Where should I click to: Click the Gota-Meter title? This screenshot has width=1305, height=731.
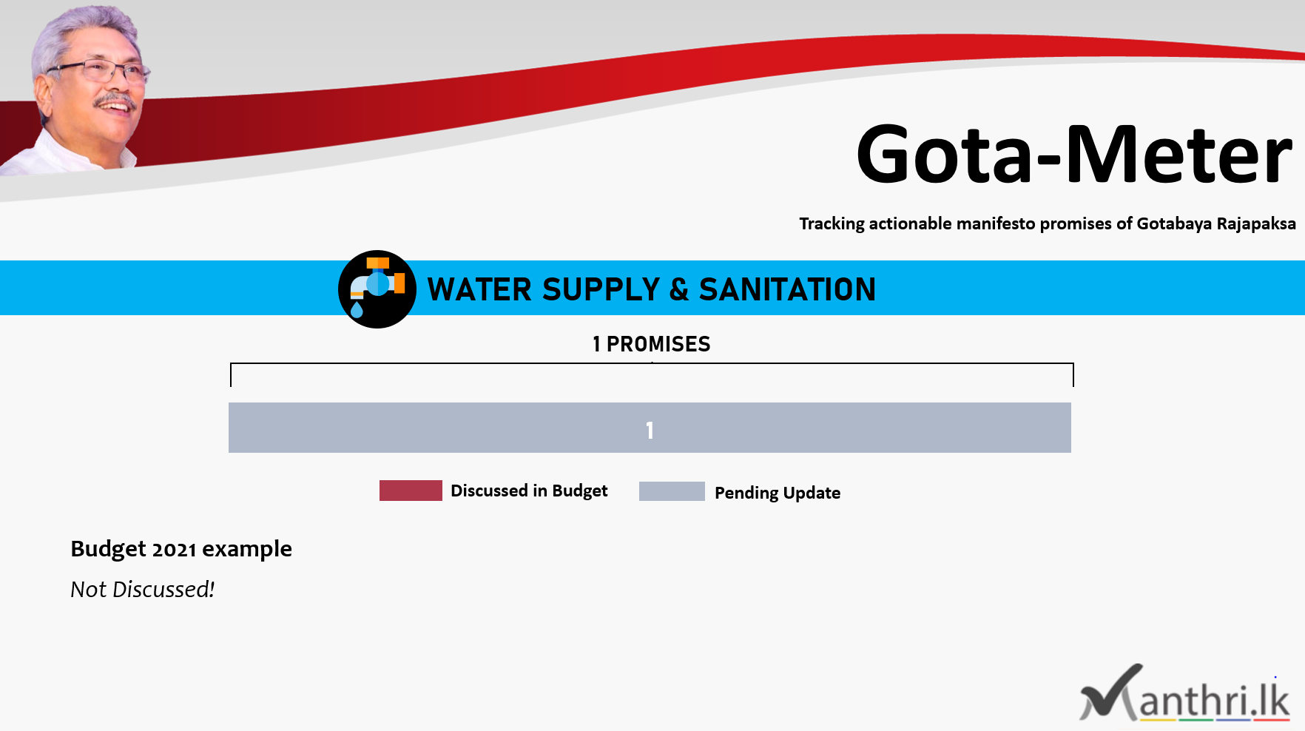pyautogui.click(x=1074, y=154)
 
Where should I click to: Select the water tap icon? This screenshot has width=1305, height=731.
pyautogui.click(x=377, y=289)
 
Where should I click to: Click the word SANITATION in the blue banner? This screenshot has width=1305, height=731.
pyautogui.click(x=787, y=289)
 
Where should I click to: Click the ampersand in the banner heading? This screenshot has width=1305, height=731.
pyautogui.click(x=679, y=290)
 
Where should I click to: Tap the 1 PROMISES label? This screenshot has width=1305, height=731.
pyautogui.click(x=651, y=344)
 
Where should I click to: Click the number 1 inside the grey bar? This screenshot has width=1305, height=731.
pyautogui.click(x=650, y=431)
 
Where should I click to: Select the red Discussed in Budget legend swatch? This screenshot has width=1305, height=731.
pyautogui.click(x=411, y=491)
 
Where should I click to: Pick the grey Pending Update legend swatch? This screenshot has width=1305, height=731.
pyautogui.click(x=672, y=491)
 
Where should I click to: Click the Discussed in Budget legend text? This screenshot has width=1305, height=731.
pyautogui.click(x=529, y=491)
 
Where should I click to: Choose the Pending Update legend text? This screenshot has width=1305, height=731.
pyautogui.click(x=778, y=493)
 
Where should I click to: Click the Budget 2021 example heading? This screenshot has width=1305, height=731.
pyautogui.click(x=181, y=549)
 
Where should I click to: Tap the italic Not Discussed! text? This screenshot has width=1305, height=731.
pyautogui.click(x=142, y=590)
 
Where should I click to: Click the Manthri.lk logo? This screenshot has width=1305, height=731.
pyautogui.click(x=1185, y=693)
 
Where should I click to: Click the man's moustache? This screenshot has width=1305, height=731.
pyautogui.click(x=115, y=99)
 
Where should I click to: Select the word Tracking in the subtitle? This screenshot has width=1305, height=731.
pyautogui.click(x=832, y=223)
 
